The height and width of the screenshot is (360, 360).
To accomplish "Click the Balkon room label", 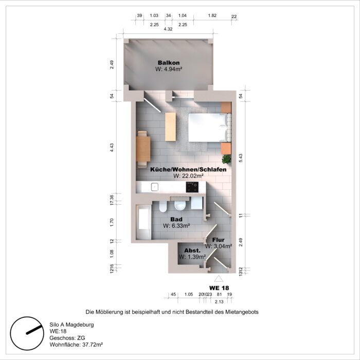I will [x=169, y=63].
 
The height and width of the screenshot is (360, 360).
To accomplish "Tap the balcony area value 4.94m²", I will [x=169, y=69].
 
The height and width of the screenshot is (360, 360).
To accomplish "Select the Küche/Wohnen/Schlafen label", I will [x=188, y=169].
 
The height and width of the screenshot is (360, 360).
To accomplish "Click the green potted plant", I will [x=226, y=159].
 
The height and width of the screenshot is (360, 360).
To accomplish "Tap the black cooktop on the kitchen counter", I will [x=193, y=188].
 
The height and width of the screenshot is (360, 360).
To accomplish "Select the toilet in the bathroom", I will [x=180, y=206].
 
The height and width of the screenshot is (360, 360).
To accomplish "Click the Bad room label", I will [x=176, y=219].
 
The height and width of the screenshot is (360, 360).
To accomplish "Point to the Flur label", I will [x=218, y=240].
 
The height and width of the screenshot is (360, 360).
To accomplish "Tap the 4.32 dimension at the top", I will [x=168, y=29].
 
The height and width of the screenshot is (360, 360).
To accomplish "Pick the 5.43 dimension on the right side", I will [x=241, y=157].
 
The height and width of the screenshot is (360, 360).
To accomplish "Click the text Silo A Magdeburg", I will [x=71, y=325].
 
